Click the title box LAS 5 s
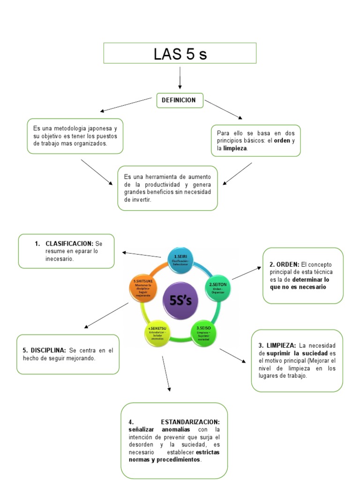coord(180,53)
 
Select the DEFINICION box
coord(180,100)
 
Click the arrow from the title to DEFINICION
coord(180,77)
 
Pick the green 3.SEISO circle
coord(203,332)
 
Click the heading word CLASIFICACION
coord(69,244)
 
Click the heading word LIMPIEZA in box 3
coord(281,345)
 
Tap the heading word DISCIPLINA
coord(49,350)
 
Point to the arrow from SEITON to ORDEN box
coord(247,273)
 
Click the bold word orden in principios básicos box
coord(282,141)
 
